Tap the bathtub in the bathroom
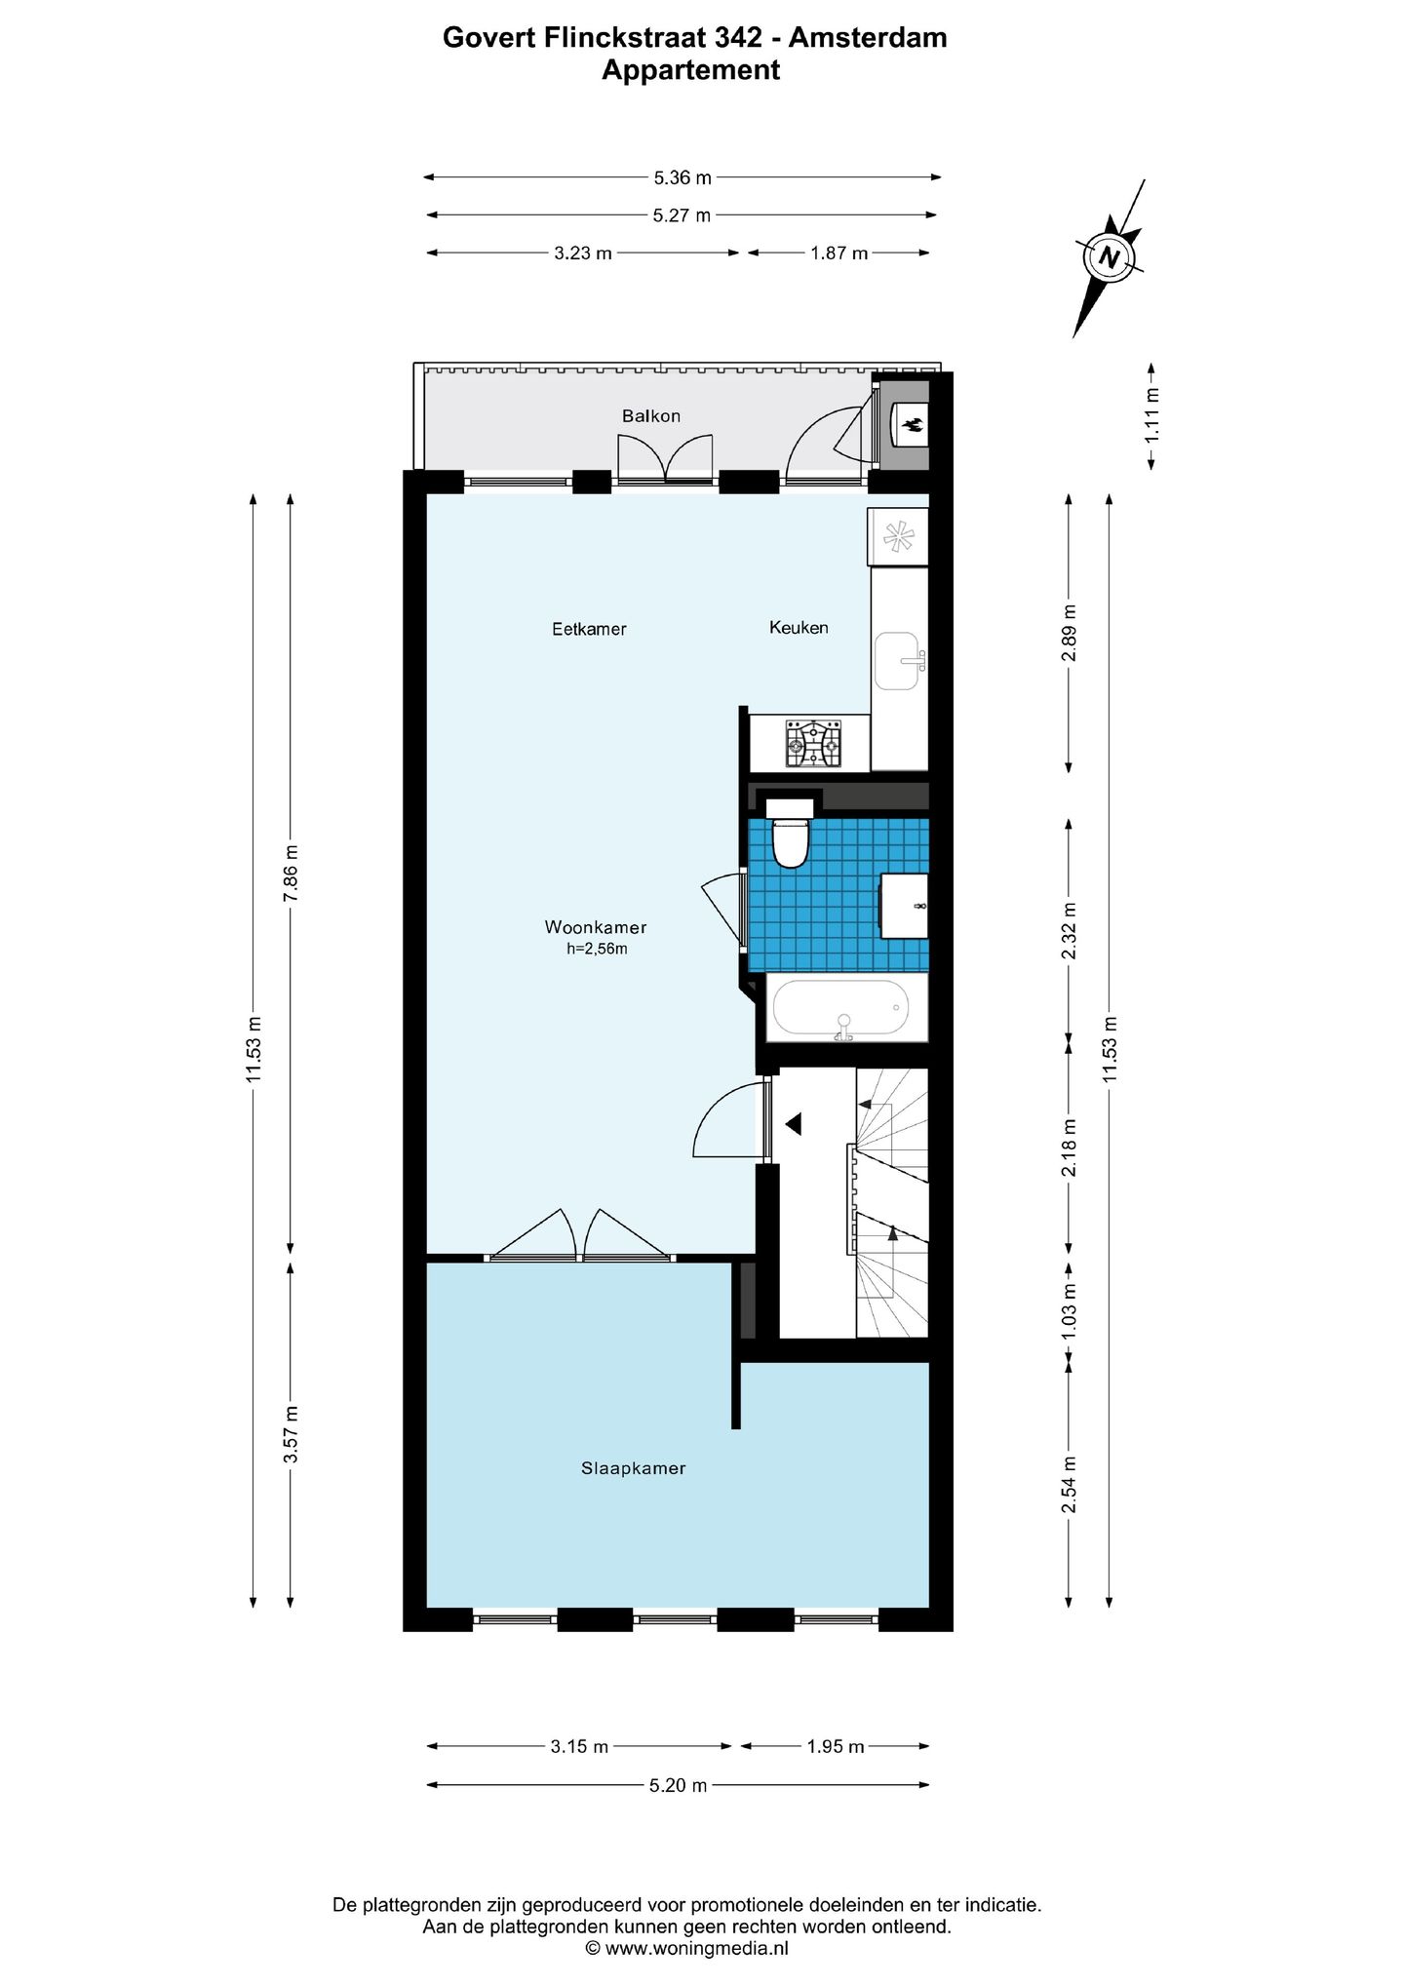[840, 1007]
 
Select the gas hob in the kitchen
[813, 744]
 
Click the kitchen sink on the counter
[897, 661]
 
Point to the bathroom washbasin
[905, 906]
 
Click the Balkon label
[650, 416]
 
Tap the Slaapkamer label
[633, 1468]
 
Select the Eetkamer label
[589, 630]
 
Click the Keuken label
[799, 628]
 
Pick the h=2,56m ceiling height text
[597, 949]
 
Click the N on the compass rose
[1109, 258]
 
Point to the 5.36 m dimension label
[682, 177]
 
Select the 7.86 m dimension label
[291, 873]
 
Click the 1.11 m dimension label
[1151, 415]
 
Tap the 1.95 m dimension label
[835, 1746]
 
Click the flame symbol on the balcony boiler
[915, 424]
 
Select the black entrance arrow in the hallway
[794, 1124]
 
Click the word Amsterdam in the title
[868, 37]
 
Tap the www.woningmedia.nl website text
[696, 1948]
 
